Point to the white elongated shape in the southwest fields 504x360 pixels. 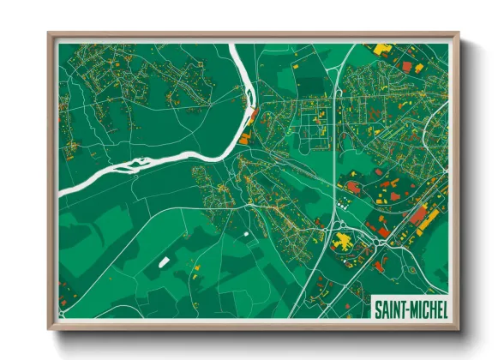tap(164, 259)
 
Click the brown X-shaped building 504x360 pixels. tap(352, 186)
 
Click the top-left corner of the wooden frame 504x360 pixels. tap(50, 35)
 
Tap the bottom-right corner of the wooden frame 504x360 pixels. tap(457, 327)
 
